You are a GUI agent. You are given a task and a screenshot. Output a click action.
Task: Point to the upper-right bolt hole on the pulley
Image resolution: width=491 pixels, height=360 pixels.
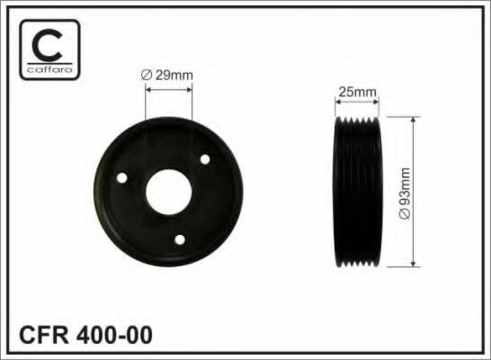pyautogui.click(x=205, y=159)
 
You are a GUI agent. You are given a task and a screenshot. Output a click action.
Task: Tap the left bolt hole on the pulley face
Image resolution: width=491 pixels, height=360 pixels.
pyautogui.click(x=123, y=179)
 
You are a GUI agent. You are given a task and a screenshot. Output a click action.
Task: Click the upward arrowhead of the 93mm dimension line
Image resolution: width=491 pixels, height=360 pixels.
pyautogui.click(x=413, y=120)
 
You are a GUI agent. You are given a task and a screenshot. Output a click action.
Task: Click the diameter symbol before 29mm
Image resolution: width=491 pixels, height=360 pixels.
pyautogui.click(x=147, y=76)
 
